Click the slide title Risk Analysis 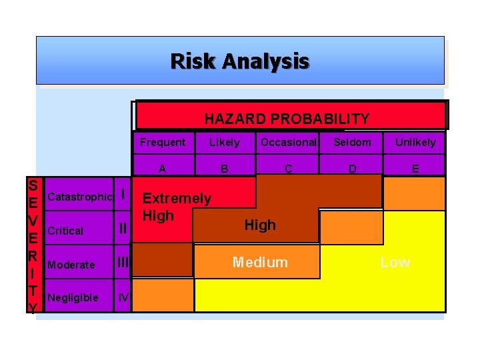pyautogui.click(x=240, y=61)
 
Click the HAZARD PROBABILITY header pyautogui.click(x=287, y=119)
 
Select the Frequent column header pyautogui.click(x=163, y=142)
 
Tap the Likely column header pyautogui.click(x=225, y=142)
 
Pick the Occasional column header pyautogui.click(x=288, y=142)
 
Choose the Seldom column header pyautogui.click(x=352, y=142)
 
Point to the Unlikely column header pyautogui.click(x=415, y=142)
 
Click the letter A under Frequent pyautogui.click(x=162, y=169)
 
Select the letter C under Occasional pyautogui.click(x=288, y=169)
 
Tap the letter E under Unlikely pyautogui.click(x=415, y=169)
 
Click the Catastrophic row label pyautogui.click(x=79, y=197)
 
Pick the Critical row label pyautogui.click(x=65, y=231)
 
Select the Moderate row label pyautogui.click(x=71, y=265)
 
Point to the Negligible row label pyautogui.click(x=73, y=297)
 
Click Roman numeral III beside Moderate pyautogui.click(x=123, y=263)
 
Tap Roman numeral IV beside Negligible pyautogui.click(x=123, y=297)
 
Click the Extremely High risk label pyautogui.click(x=177, y=207)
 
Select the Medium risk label pyautogui.click(x=260, y=262)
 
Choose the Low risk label pyautogui.click(x=395, y=262)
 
